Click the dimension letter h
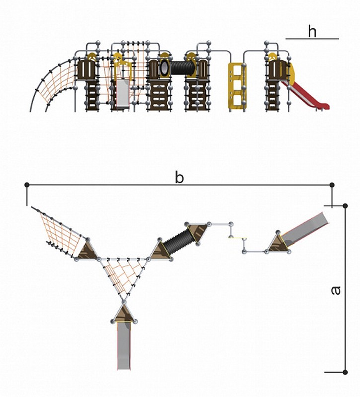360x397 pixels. [x=312, y=31]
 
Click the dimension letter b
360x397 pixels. [x=179, y=177]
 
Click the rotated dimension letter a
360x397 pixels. [x=336, y=291]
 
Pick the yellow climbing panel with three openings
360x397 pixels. [x=237, y=86]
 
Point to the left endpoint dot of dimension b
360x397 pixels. [x=27, y=185]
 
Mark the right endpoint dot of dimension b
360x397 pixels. [x=332, y=185]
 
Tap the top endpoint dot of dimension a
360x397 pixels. [x=345, y=206]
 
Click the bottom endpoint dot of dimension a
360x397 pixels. [x=345, y=372]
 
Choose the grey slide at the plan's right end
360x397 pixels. [x=305, y=230]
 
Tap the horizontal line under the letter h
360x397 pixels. [x=312, y=39]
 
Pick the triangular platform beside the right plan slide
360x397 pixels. [x=278, y=243]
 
